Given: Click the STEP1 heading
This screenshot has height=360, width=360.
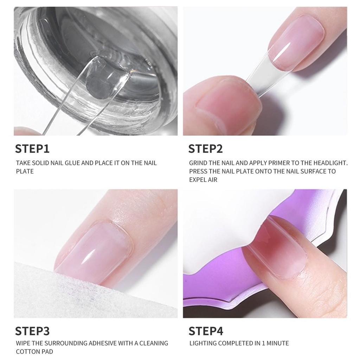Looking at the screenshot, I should [x=32, y=148].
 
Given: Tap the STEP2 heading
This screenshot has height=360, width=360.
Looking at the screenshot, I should [x=206, y=148].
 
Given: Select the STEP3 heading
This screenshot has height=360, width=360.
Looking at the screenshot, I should [x=32, y=331].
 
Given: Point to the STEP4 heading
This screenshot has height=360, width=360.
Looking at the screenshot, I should [x=206, y=331].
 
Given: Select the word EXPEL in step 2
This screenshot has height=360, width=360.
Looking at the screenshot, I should [x=198, y=180].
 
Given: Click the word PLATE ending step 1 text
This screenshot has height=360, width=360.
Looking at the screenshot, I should [x=25, y=172].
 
